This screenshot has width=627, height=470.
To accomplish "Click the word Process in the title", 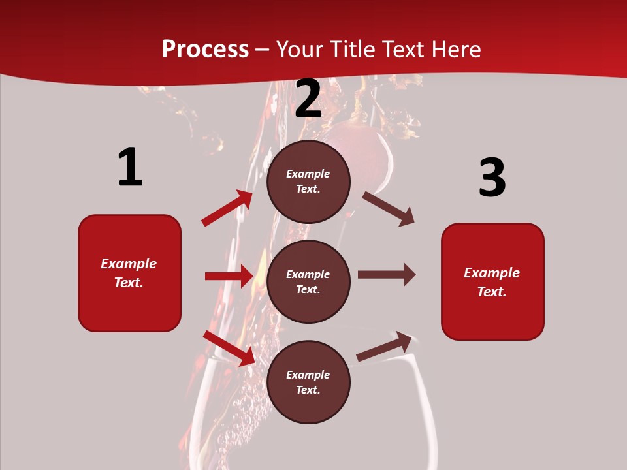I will (205, 50).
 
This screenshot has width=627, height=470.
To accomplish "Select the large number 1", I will (130, 168).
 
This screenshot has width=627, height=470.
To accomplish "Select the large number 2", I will (308, 99).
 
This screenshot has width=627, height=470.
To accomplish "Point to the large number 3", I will (492, 178).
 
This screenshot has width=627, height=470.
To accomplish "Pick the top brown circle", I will (308, 181).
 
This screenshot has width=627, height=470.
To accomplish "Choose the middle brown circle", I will (308, 282).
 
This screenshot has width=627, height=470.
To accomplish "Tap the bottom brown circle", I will (308, 383).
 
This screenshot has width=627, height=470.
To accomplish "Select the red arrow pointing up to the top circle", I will (227, 208).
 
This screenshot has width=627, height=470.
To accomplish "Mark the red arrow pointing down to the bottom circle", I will (229, 347).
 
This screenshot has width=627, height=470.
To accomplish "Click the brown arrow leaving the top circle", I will (388, 208).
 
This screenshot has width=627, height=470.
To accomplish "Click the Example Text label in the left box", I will (129, 273).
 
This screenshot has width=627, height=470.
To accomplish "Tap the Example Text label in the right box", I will (492, 282).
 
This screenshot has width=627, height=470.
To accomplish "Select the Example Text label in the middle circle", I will (308, 282).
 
